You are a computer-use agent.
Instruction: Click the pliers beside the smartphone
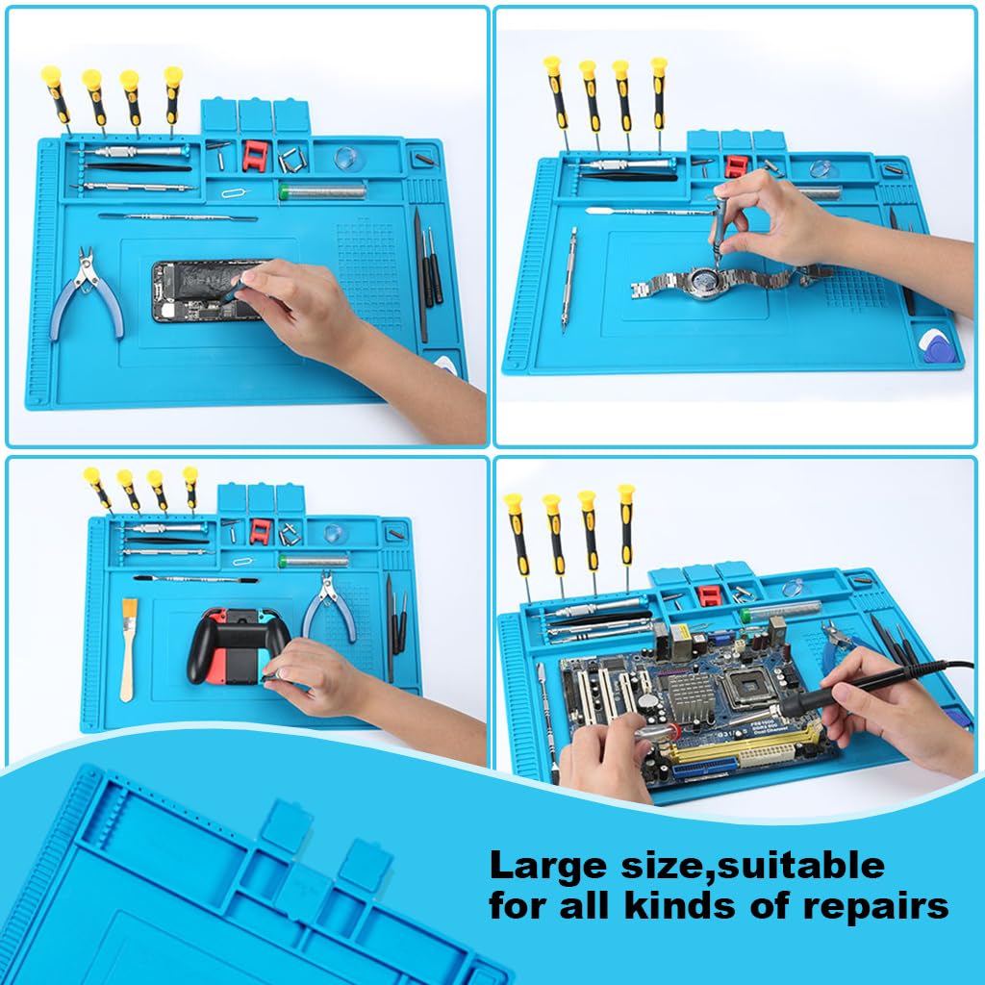[88, 292]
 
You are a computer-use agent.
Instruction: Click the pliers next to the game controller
[329, 605]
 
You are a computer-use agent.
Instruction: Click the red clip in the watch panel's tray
[737, 165]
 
